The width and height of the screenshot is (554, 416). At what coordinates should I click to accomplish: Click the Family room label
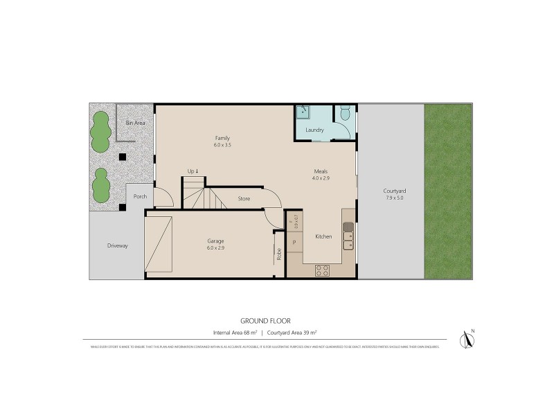(222, 138)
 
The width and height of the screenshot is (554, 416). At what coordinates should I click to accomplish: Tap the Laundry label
(315, 130)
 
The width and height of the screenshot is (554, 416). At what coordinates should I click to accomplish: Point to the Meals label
(319, 171)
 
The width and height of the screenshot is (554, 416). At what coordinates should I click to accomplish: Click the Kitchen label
(323, 236)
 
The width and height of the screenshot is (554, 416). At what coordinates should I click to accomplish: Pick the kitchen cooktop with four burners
(323, 270)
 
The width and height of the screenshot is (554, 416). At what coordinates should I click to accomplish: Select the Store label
(244, 199)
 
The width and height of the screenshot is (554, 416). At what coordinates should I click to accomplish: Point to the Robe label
(278, 254)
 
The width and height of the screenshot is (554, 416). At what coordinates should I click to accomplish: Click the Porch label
(141, 195)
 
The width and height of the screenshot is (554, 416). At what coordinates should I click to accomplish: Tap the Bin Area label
(134, 123)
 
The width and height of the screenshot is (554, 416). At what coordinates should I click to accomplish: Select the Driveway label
(117, 245)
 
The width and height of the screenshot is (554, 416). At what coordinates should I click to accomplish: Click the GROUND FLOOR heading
(265, 320)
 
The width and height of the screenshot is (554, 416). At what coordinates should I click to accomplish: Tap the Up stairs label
(193, 171)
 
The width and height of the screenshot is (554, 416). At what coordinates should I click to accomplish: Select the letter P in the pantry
(294, 242)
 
